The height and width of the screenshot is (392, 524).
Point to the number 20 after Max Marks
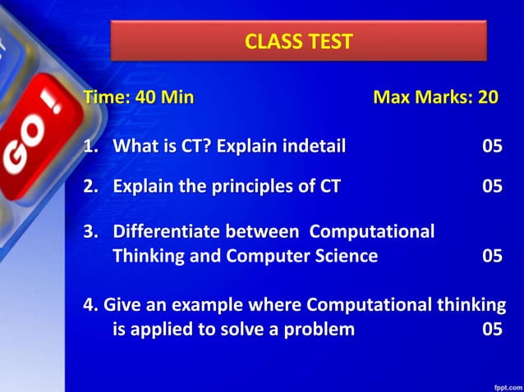[x=488, y=98]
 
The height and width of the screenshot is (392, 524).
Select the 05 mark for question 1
[x=492, y=147]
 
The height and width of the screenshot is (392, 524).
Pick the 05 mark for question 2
[x=492, y=186]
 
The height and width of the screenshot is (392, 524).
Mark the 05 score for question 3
[x=492, y=256]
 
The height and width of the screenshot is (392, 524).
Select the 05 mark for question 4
[x=492, y=330]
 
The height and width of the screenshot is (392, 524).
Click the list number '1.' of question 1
[x=90, y=147]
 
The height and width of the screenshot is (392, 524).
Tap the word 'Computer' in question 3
[x=272, y=256]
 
